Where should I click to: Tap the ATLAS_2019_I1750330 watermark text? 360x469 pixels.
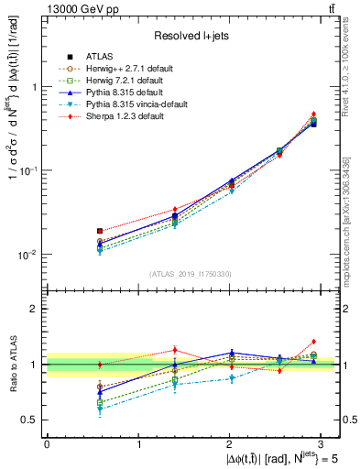191,274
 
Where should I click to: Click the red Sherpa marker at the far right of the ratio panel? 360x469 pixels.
313,342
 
